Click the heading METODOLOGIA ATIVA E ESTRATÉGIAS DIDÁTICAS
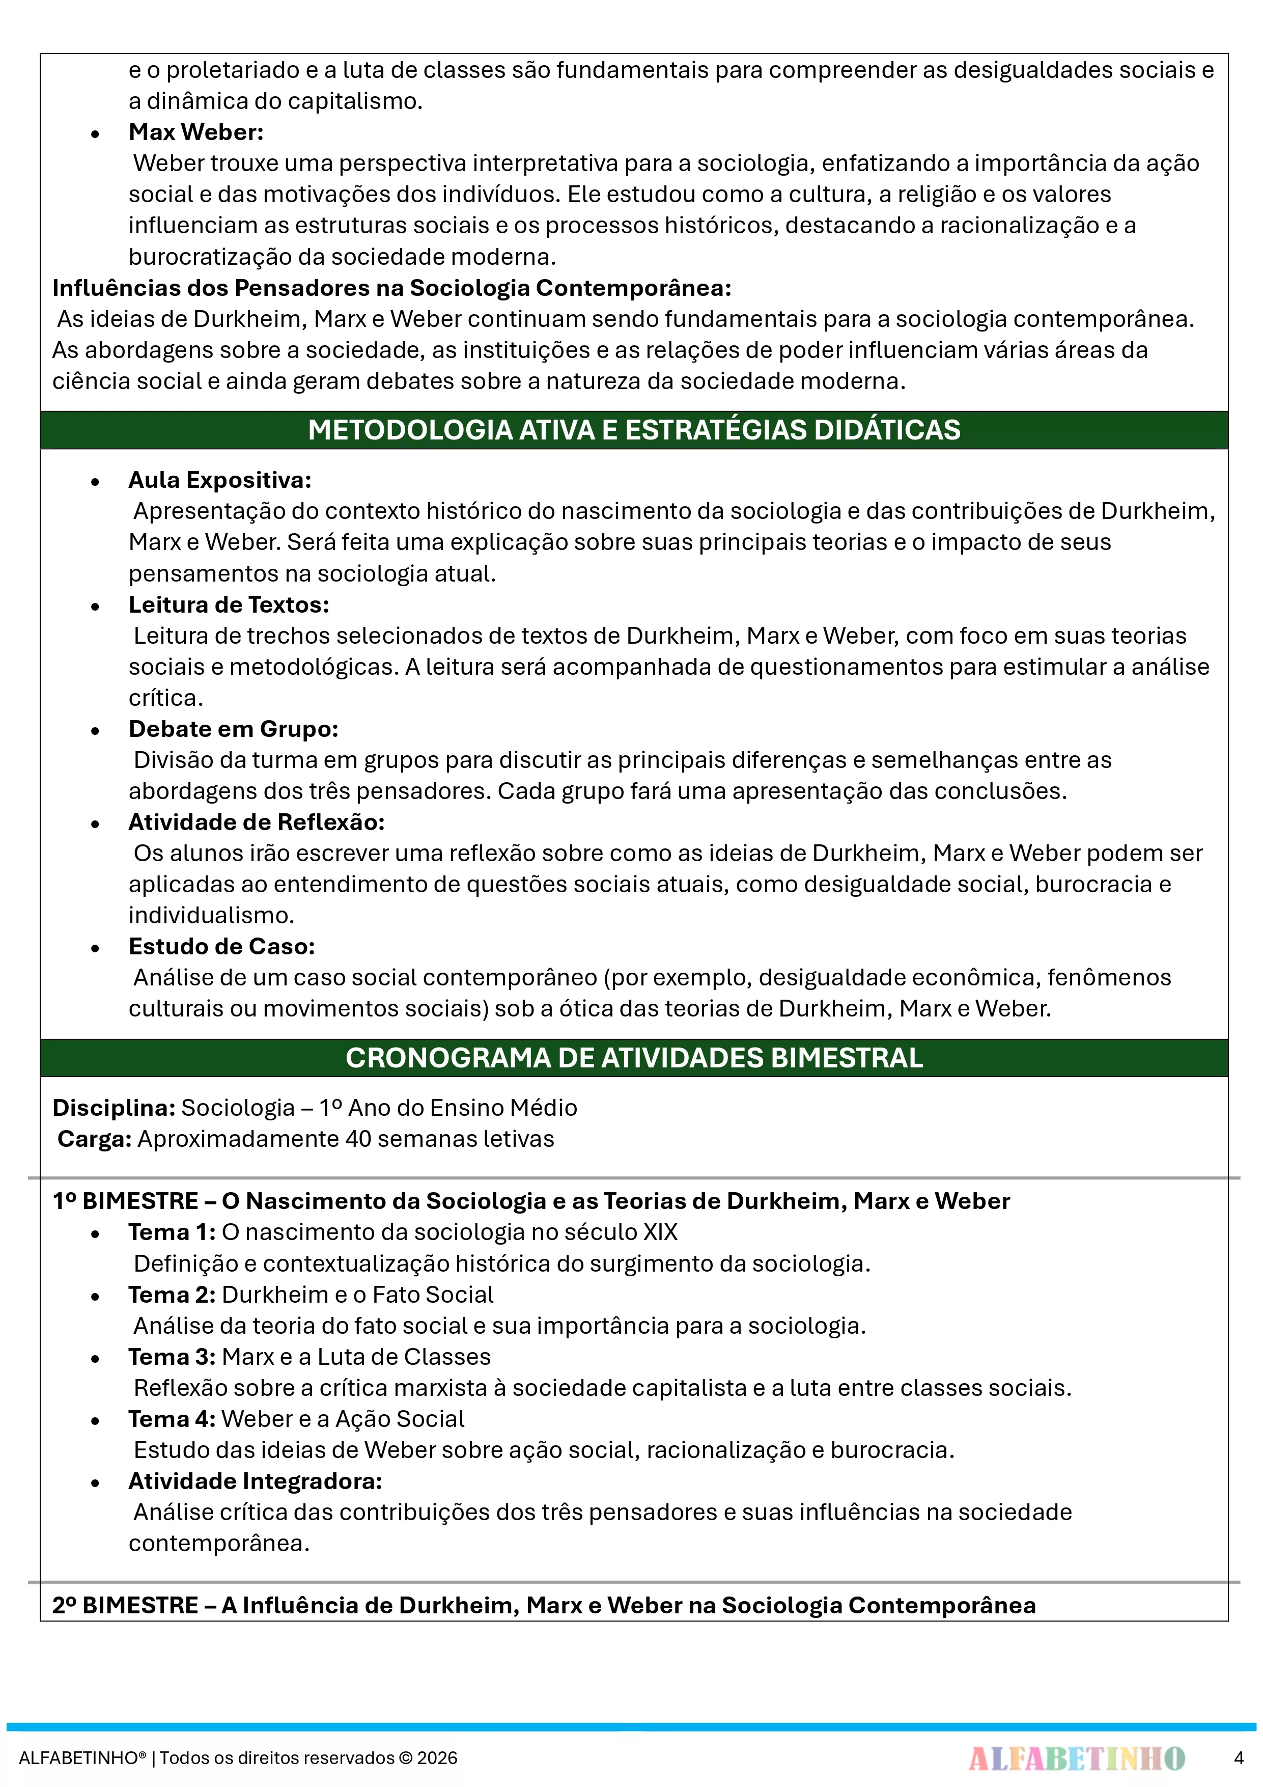[x=633, y=430]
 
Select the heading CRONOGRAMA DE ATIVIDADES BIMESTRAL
[x=633, y=1058]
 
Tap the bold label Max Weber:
[x=196, y=132]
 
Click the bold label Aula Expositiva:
[x=219, y=480]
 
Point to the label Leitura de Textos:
[x=229, y=604]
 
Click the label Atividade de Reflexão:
[x=257, y=822]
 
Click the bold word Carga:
[x=94, y=1139]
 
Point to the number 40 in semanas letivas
[x=358, y=1139]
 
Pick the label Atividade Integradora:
[x=255, y=1480]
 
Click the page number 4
[x=1238, y=1757]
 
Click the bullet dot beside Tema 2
[x=95, y=1297]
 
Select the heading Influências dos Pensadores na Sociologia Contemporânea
[x=391, y=288]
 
